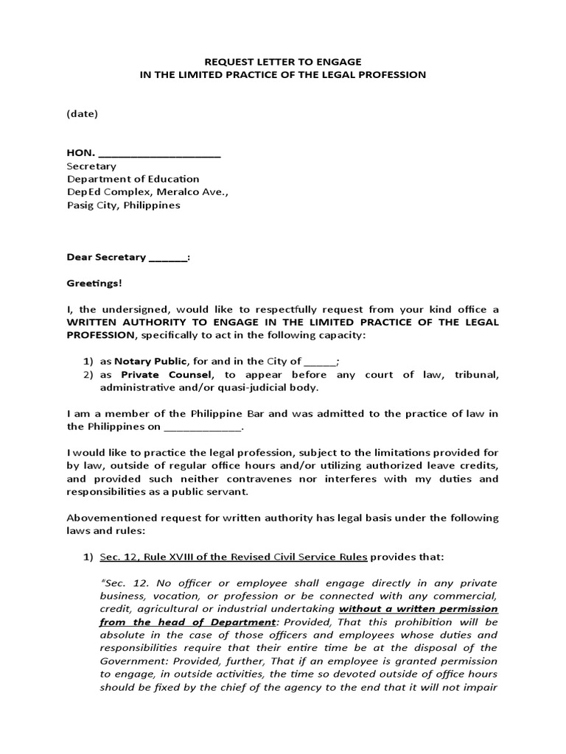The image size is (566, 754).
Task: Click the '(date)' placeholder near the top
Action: tap(83, 113)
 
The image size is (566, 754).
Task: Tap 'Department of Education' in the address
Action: tap(133, 179)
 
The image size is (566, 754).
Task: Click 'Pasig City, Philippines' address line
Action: tap(124, 205)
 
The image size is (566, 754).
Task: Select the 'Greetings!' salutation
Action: tap(94, 283)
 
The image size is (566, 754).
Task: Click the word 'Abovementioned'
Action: tap(110, 518)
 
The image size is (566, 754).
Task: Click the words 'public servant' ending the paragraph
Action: tap(214, 492)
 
